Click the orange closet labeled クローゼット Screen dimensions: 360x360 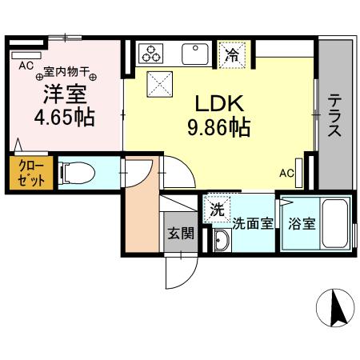click(x=21, y=173)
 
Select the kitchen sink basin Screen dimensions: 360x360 click(x=194, y=54)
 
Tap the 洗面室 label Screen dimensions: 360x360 click(x=251, y=224)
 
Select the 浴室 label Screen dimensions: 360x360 click(x=302, y=224)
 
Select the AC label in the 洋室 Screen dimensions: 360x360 click(x=24, y=64)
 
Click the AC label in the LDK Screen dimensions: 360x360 click(x=286, y=170)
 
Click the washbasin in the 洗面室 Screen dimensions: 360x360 click(x=222, y=240)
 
